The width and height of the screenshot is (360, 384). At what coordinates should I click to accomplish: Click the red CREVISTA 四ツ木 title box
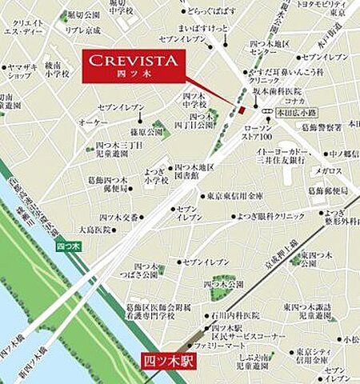pos(134,65)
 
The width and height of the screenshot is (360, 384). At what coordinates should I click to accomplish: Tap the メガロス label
pos(327,170)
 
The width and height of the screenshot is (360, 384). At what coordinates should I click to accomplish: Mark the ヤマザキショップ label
pos(18,72)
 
